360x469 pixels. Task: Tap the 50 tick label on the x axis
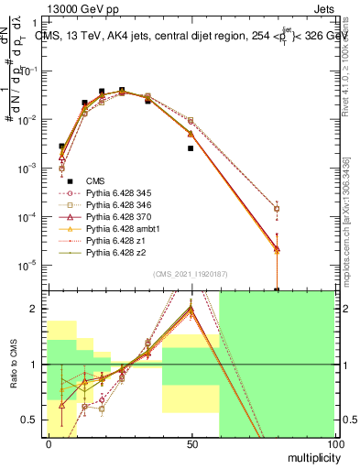click(191, 442)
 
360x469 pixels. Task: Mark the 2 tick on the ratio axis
click(37, 309)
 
